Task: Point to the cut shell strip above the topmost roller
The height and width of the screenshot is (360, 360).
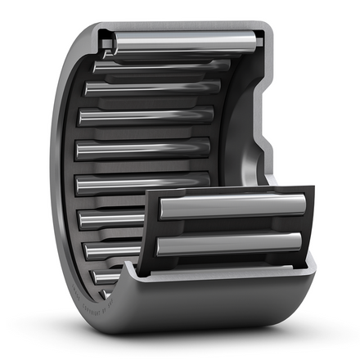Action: coord(180,27)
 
